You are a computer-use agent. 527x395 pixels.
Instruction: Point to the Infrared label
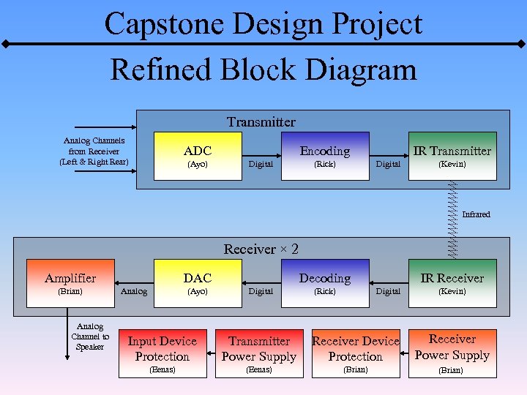pos(476,214)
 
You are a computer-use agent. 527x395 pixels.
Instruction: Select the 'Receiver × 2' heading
pos(261,249)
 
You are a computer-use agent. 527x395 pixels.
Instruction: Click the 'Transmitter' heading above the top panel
pos(261,122)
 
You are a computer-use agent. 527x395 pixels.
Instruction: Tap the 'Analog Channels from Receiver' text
pos(94,151)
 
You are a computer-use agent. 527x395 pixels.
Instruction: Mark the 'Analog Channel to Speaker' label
pos(90,336)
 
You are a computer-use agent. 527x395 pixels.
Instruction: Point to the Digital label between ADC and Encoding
pos(261,165)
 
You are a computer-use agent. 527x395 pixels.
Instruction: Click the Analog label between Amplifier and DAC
pos(133,292)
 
